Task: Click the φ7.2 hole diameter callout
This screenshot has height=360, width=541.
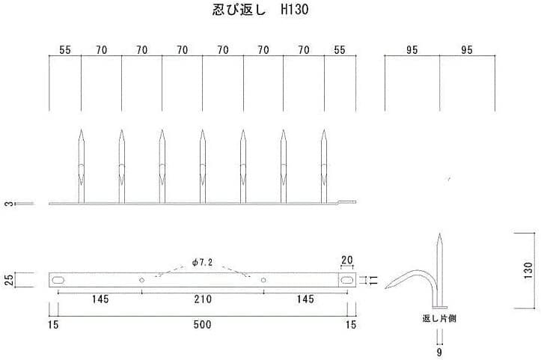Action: [x=203, y=263]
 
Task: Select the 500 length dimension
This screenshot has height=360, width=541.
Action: [x=202, y=324]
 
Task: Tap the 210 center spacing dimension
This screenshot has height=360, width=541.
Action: [x=202, y=299]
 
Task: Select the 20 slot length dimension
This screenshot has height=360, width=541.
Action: [x=346, y=260]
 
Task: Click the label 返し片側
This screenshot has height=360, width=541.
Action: [x=438, y=318]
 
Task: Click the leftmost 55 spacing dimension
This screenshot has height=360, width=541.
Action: [x=65, y=50]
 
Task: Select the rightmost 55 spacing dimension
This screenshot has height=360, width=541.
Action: [x=340, y=50]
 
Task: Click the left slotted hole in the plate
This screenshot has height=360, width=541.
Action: [x=58, y=280]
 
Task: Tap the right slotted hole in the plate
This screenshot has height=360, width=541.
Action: [x=346, y=280]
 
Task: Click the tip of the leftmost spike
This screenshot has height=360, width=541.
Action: [x=81, y=132]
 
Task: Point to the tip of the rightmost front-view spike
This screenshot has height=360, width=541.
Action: [x=324, y=132]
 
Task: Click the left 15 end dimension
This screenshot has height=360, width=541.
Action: [x=53, y=324]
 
